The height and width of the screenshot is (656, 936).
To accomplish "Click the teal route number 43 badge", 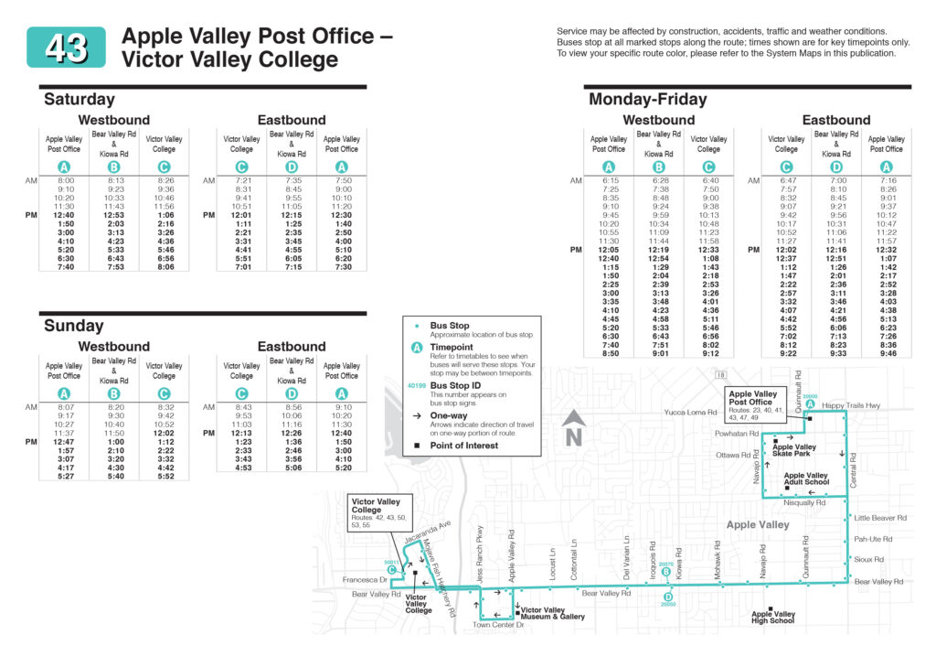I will (66, 47).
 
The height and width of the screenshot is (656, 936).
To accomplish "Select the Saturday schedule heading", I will (80, 99).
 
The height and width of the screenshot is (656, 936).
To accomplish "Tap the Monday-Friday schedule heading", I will (647, 99).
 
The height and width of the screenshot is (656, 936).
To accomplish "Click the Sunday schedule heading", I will (74, 326).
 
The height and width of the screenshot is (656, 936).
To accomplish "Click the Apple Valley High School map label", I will (772, 618).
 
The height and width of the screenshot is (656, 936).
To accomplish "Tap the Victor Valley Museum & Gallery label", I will (553, 613).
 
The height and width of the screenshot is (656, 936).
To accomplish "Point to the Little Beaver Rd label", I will (880, 517).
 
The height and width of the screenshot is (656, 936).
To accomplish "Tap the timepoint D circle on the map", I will (668, 593).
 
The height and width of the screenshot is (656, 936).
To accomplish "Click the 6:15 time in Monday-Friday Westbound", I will (609, 181).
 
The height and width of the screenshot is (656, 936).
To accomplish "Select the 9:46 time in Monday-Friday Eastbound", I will (886, 352).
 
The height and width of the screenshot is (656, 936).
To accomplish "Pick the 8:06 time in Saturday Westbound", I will (165, 266).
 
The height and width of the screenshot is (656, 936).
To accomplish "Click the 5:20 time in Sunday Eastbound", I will (342, 468).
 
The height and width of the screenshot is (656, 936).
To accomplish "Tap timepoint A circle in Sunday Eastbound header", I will (342, 393).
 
